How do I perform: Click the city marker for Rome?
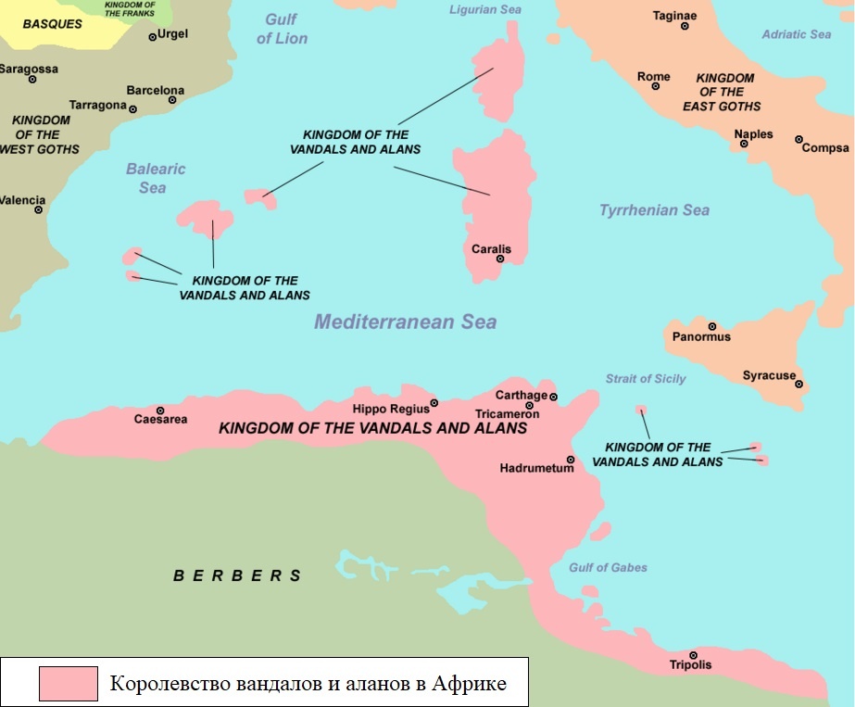tap(655, 87)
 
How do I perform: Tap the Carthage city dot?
tap(553, 397)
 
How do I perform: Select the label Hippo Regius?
tap(391, 408)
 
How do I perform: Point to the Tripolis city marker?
tap(693, 655)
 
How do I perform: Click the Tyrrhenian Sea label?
tap(654, 210)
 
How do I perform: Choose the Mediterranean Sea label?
tap(405, 322)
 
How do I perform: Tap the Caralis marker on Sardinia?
tap(500, 259)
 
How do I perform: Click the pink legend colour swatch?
tap(68, 683)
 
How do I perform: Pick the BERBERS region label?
tap(237, 575)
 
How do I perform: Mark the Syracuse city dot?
tap(798, 384)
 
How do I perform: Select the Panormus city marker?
tap(712, 326)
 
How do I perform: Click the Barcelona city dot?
tap(172, 100)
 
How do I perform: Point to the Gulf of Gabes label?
tap(609, 567)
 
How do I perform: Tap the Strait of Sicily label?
tap(646, 379)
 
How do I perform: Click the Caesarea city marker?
tap(160, 410)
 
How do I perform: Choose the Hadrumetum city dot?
tap(571, 460)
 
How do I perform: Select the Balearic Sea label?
tap(155, 178)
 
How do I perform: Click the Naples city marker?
tap(744, 144)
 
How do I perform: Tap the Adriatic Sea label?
tap(796, 34)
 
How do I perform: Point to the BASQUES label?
tap(53, 24)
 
